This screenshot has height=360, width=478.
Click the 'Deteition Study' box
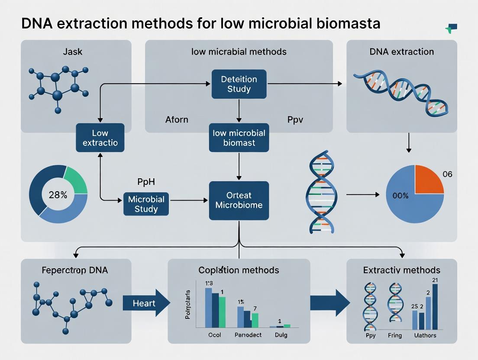click(239, 84)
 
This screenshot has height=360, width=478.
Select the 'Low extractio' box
click(100, 138)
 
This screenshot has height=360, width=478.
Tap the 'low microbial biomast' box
click(239, 138)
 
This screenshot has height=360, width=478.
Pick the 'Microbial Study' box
click(146, 204)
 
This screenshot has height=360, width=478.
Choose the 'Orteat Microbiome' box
click(239, 200)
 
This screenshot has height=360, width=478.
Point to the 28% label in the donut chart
click(58, 195)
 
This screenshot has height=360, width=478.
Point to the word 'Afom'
click(177, 119)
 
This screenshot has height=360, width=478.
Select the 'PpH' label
click(145, 182)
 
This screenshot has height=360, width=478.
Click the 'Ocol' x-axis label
click(208, 335)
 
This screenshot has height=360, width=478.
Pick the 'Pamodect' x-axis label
click(249, 335)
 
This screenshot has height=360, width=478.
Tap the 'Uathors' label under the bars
click(425, 335)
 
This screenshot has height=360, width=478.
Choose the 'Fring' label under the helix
click(394, 335)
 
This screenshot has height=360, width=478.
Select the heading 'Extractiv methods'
click(401, 270)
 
